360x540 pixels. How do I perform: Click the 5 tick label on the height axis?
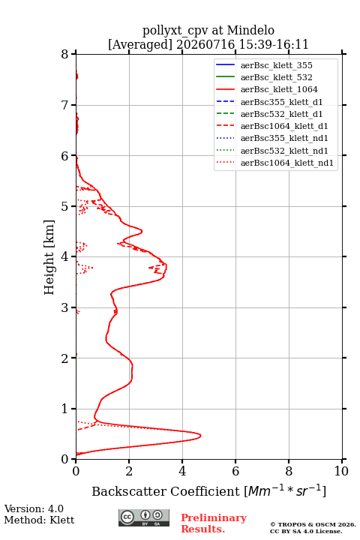point(65,206)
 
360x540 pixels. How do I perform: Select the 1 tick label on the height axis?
point(65,409)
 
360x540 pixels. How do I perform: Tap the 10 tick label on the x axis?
point(341,471)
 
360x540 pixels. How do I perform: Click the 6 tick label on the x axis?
point(235,471)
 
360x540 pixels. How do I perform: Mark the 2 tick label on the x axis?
point(129,471)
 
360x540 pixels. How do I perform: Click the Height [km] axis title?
point(49,257)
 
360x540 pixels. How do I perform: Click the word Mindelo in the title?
point(250,30)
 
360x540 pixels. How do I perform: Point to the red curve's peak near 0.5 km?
point(200,436)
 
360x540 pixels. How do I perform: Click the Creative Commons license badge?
point(144,517)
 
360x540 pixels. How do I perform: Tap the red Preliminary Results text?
point(214,523)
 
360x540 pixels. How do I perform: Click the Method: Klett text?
point(39,520)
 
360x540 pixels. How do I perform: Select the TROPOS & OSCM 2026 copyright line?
point(313,524)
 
